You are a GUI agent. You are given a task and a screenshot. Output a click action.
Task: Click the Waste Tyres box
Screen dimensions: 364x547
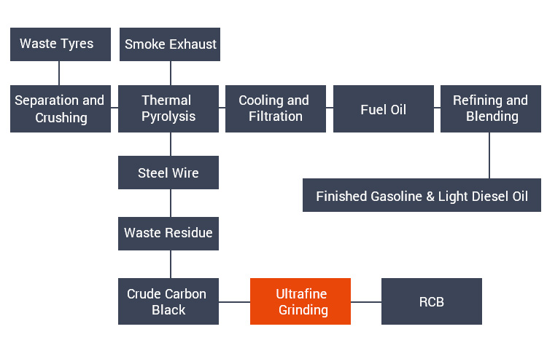point(60,44)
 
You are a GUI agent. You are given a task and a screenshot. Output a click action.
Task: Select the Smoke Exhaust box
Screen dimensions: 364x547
point(170,44)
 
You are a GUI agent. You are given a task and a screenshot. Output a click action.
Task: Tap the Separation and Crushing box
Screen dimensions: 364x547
point(60,108)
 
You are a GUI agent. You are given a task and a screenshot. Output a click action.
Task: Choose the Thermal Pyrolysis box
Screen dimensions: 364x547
point(168,108)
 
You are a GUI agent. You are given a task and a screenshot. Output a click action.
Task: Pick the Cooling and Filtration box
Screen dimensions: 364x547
point(275,108)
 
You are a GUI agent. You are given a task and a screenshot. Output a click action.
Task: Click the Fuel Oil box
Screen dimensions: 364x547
point(383,108)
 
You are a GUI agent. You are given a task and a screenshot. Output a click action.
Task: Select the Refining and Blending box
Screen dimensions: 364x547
point(490,108)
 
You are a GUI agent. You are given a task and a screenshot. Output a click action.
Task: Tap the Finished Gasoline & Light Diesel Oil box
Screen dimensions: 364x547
point(422,195)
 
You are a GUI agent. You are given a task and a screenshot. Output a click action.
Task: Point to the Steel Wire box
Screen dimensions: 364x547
point(168,173)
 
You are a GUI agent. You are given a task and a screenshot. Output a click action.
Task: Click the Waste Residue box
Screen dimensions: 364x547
point(168,234)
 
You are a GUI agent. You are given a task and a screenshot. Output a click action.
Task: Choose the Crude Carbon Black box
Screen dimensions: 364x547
point(168,301)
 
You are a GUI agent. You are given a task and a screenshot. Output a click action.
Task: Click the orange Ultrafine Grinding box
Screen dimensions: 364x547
point(300,301)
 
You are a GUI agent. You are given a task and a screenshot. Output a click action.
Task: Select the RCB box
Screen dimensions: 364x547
point(432,301)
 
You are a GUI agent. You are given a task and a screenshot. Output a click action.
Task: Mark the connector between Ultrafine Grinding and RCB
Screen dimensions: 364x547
point(366,301)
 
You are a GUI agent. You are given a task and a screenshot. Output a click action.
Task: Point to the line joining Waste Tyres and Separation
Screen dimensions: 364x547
point(60,74)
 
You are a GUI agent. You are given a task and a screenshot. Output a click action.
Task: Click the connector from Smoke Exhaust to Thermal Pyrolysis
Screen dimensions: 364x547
point(170,74)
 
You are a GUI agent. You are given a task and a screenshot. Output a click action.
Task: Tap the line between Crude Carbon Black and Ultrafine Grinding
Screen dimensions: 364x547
point(235,301)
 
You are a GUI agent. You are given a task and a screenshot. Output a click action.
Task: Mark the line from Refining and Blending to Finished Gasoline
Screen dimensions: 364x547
point(490,156)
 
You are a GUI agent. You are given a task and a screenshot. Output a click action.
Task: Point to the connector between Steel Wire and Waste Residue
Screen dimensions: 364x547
point(170,203)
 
